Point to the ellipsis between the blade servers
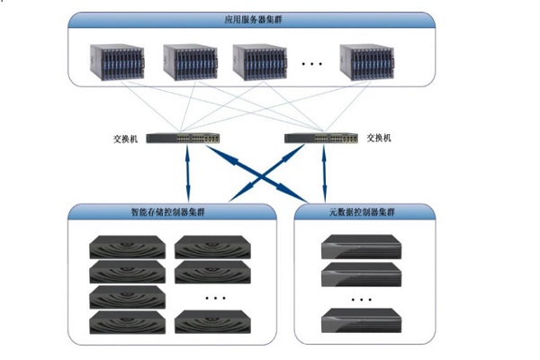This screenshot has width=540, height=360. [x=312, y=64]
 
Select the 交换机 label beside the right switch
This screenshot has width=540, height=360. [x=379, y=139]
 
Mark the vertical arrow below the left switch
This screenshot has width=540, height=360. [x=188, y=175]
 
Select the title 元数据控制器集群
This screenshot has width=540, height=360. [x=359, y=212]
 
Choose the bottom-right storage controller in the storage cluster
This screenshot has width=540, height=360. [x=208, y=322]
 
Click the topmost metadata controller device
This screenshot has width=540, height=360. [x=359, y=246]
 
